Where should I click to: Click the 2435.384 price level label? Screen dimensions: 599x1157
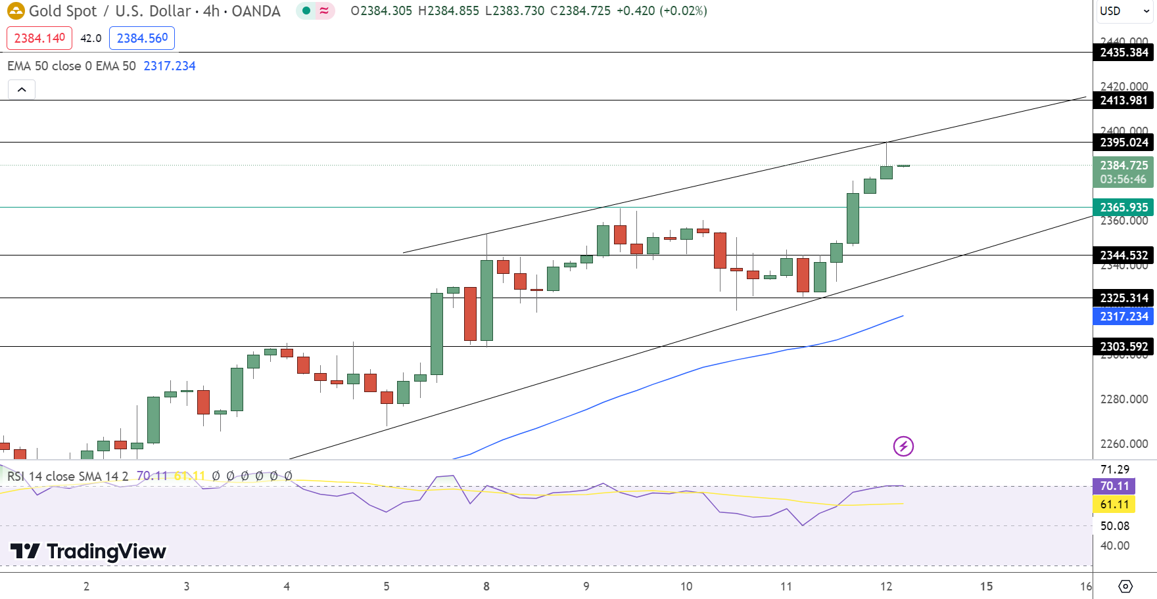pyautogui.click(x=1123, y=53)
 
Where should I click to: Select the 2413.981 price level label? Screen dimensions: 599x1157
pyautogui.click(x=1123, y=100)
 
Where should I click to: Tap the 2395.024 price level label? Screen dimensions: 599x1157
pyautogui.click(x=1123, y=143)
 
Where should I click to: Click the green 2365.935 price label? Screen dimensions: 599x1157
pyautogui.click(x=1123, y=208)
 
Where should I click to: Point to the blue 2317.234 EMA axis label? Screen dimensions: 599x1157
pyautogui.click(x=1123, y=317)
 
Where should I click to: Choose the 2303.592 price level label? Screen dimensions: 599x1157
pyautogui.click(x=1123, y=347)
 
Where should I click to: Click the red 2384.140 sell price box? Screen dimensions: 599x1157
pyautogui.click(x=39, y=38)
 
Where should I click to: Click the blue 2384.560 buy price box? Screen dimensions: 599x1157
pyautogui.click(x=142, y=38)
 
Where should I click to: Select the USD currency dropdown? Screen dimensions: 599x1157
pyautogui.click(x=1124, y=11)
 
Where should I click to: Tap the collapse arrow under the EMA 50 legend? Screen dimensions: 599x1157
pyautogui.click(x=22, y=90)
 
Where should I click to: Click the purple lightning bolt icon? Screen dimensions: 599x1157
pyautogui.click(x=903, y=447)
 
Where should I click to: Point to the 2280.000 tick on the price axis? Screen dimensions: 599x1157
pyautogui.click(x=1123, y=399)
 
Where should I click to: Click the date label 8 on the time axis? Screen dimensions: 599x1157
pyautogui.click(x=486, y=587)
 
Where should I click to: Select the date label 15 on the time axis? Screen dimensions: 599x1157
pyautogui.click(x=986, y=587)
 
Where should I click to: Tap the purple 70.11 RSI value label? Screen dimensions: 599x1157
pyautogui.click(x=1114, y=487)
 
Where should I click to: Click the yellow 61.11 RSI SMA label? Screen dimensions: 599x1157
pyautogui.click(x=1114, y=505)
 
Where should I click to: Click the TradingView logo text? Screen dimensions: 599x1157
pyautogui.click(x=106, y=552)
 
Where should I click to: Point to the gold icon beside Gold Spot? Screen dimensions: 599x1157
pyautogui.click(x=16, y=11)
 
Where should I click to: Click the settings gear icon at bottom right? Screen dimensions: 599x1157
pyautogui.click(x=1125, y=586)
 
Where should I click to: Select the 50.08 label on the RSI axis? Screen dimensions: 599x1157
pyautogui.click(x=1114, y=526)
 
